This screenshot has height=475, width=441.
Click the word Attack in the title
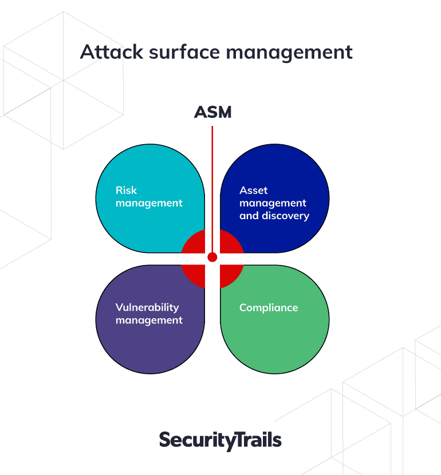[x=112, y=52]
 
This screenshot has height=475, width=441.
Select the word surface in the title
[x=184, y=52]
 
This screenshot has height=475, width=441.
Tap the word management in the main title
[x=289, y=53]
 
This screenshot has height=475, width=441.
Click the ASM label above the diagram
[x=213, y=112]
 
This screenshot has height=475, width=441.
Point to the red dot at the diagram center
[x=212, y=257]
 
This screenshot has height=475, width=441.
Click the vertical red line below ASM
[x=212, y=189]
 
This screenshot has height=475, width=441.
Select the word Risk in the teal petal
[x=126, y=190]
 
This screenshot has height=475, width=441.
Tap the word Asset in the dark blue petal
[x=253, y=190]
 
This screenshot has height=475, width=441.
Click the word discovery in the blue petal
[x=286, y=216]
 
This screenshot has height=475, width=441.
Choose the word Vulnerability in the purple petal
[x=147, y=307]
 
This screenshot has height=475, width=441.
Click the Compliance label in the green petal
[x=269, y=308]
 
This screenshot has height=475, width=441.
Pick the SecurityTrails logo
[x=220, y=440]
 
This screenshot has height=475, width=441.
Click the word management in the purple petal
[x=149, y=320]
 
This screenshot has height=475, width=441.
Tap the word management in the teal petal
[x=149, y=203]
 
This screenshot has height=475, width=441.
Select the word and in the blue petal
[x=249, y=216]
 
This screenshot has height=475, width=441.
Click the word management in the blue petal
[x=273, y=203]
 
